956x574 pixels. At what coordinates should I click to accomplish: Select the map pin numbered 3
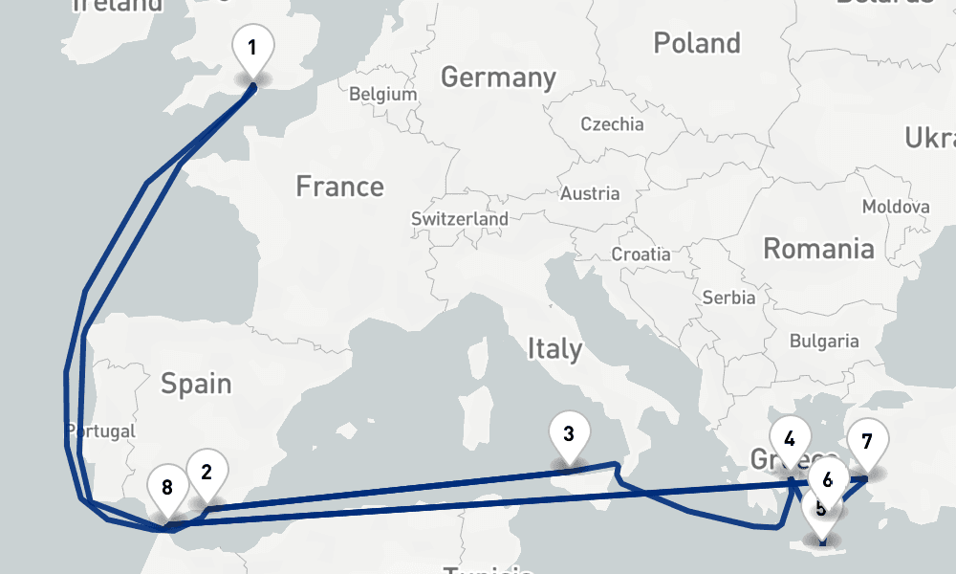pos(569,435)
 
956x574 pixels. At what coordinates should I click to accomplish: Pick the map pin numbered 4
pos(790,440)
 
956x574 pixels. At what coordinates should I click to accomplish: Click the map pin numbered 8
pos(167,488)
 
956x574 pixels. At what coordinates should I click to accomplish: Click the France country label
pos(339,186)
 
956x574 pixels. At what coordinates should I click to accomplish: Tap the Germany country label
pos(498,77)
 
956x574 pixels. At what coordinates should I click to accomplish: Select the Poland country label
pos(697,43)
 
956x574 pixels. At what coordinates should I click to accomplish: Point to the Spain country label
pos(196,384)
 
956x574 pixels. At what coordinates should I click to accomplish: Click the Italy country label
pos(554,349)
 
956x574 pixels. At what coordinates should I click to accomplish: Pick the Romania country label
pos(818,250)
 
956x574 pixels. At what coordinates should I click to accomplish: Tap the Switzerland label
pos(460,219)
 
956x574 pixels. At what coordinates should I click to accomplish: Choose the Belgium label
pos(383,95)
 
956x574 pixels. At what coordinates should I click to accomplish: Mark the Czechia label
pos(613,124)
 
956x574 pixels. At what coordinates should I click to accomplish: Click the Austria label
pos(590,193)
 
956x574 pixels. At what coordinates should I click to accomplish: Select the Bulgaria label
pos(824,341)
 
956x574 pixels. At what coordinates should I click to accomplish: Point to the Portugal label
pos(102,431)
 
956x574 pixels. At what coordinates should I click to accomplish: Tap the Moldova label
pos(896,207)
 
